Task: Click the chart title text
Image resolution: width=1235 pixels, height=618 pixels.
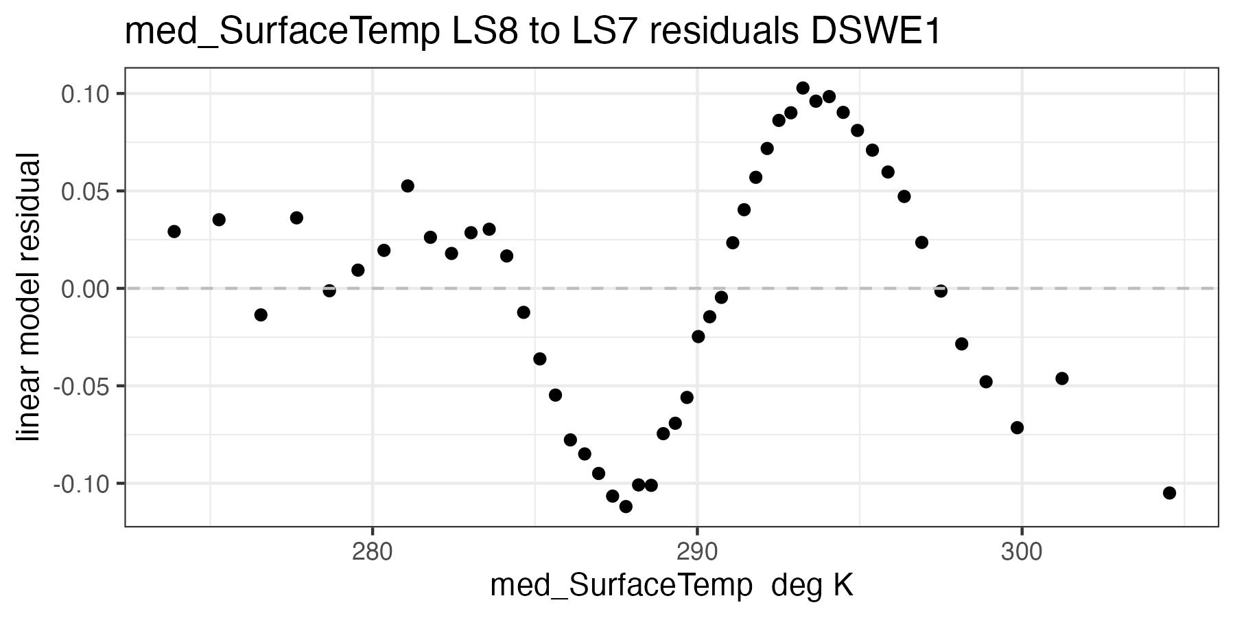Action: [532, 32]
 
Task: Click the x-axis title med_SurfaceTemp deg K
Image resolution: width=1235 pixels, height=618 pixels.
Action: [671, 586]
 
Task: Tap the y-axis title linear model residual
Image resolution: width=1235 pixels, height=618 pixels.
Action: [30, 298]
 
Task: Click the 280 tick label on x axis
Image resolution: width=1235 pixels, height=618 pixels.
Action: [373, 551]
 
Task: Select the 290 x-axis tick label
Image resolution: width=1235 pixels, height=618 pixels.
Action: [697, 551]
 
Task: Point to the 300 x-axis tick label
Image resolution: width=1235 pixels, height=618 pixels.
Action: [1022, 551]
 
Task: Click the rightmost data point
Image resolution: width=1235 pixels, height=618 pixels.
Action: [1169, 493]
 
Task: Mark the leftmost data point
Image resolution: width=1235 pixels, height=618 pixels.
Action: [174, 231]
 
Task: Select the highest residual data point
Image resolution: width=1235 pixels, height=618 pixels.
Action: [803, 88]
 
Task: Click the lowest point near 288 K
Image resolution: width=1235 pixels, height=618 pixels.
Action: [626, 507]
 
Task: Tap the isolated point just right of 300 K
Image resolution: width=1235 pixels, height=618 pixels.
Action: [1062, 378]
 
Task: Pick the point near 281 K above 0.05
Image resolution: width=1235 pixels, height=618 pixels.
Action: [408, 186]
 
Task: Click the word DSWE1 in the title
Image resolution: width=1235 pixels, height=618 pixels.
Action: [876, 32]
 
